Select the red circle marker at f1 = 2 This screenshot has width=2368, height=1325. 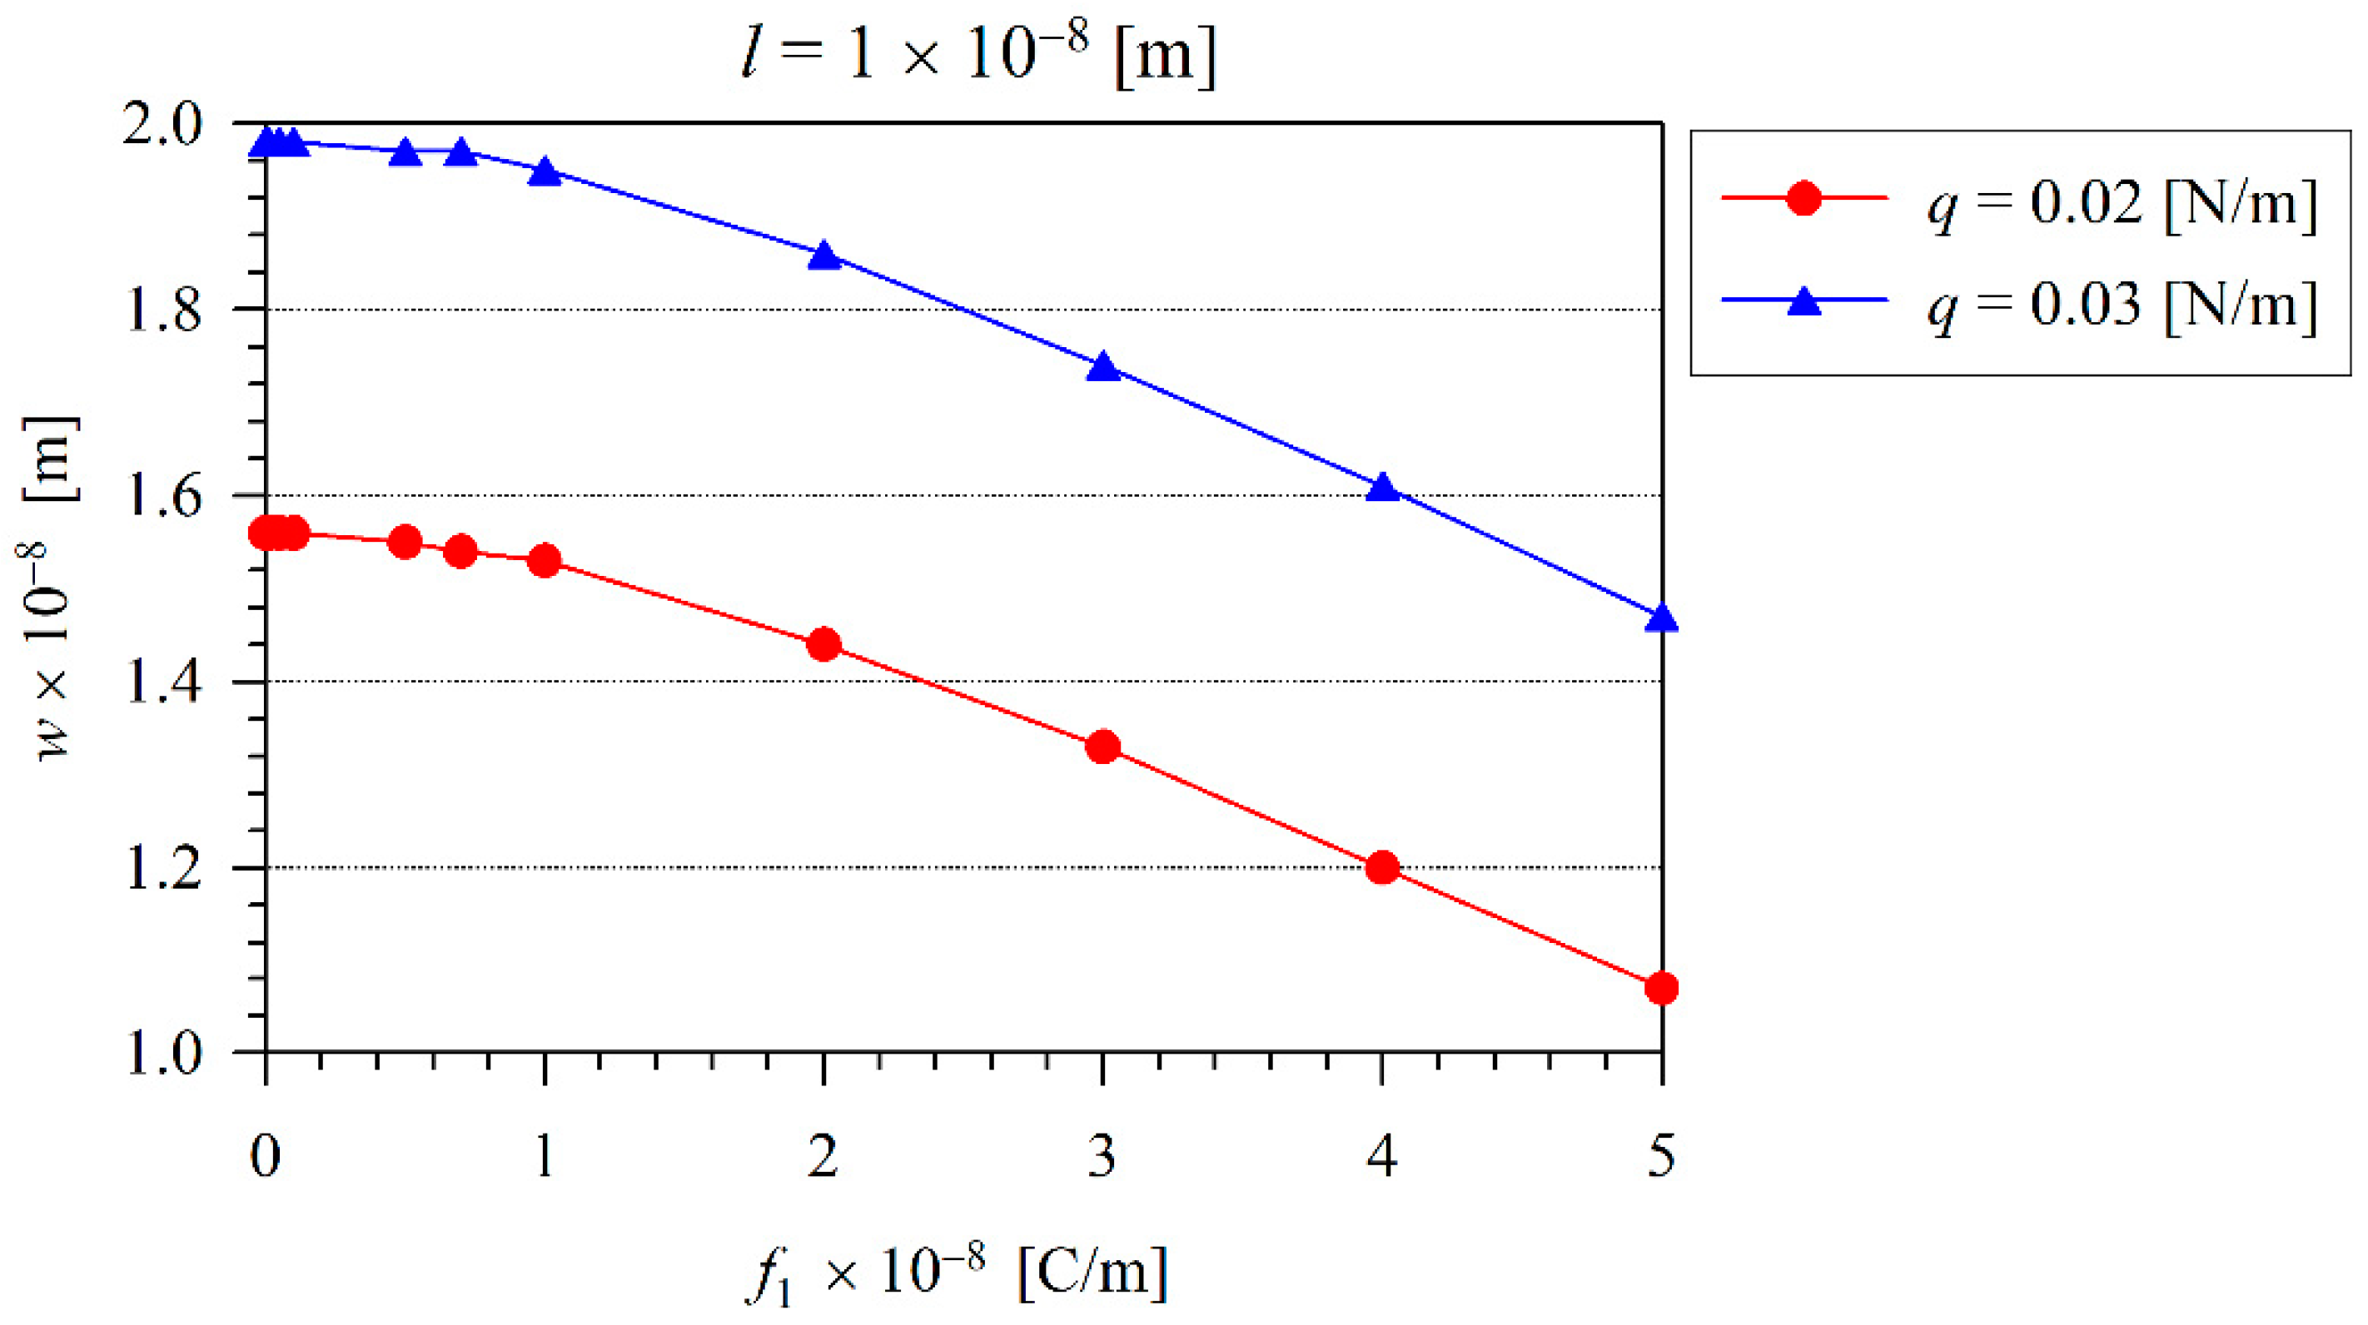click(x=823, y=644)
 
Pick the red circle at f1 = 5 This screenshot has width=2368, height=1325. click(x=1661, y=989)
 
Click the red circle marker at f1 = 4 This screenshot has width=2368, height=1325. click(x=1382, y=867)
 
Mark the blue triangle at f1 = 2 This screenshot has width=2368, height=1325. click(x=823, y=256)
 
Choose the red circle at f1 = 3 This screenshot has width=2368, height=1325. click(x=1103, y=747)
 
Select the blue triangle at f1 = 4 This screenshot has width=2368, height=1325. click(x=1382, y=488)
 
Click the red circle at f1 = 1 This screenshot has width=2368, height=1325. click(x=545, y=560)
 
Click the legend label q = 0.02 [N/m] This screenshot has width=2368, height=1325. click(x=2122, y=203)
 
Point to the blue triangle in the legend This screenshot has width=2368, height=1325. click(x=1803, y=301)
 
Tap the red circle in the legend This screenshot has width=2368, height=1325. click(x=1803, y=197)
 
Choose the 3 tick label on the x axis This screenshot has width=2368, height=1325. click(x=1103, y=1156)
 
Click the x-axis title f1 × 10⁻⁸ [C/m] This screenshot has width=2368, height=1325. click(x=956, y=1273)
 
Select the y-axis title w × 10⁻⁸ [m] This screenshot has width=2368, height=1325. click(x=52, y=588)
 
